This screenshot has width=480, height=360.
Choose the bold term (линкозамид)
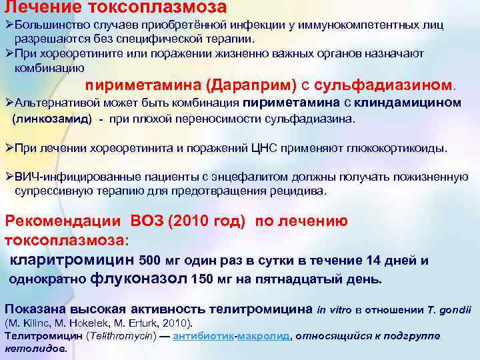[50, 119]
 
